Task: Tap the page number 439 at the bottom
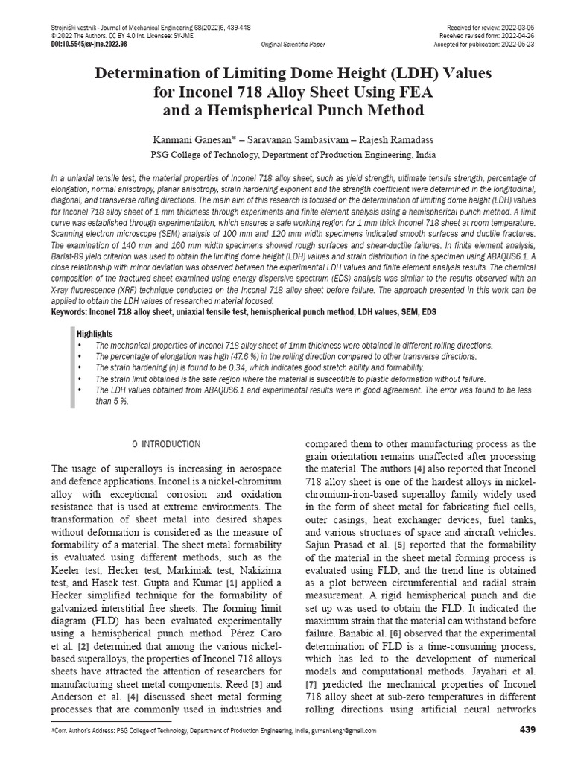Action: point(527,729)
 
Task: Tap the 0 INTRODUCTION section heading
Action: point(166,445)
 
